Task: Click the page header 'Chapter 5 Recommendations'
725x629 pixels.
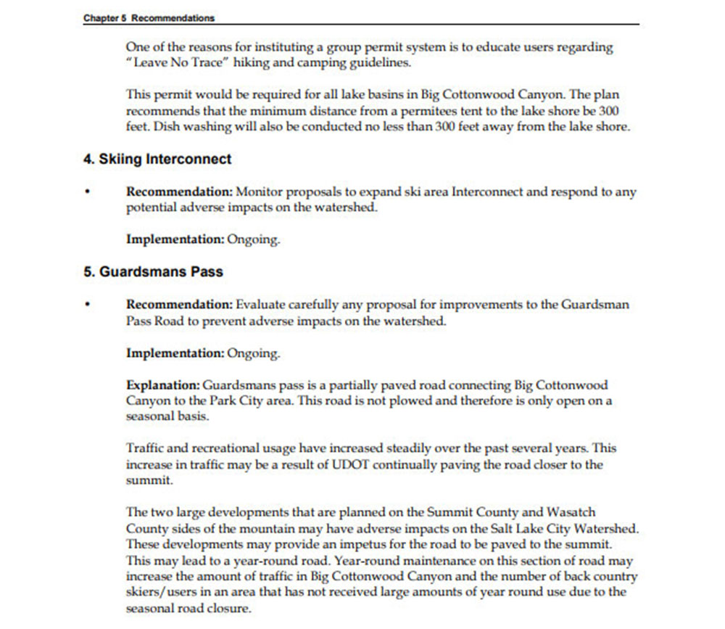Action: pyautogui.click(x=149, y=17)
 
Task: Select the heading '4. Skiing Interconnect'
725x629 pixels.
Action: pyautogui.click(x=157, y=159)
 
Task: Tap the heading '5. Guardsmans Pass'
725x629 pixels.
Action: pyautogui.click(x=153, y=272)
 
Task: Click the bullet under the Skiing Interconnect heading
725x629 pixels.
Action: pyautogui.click(x=87, y=193)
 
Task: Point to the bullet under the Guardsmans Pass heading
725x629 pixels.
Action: pyautogui.click(x=87, y=305)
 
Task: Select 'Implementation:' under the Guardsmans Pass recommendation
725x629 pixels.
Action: pyautogui.click(x=175, y=353)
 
